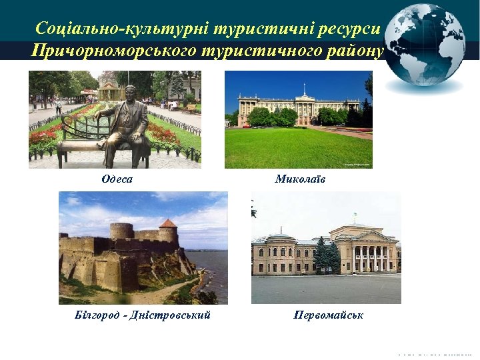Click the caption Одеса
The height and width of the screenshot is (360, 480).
117,179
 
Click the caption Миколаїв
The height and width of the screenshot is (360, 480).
300,179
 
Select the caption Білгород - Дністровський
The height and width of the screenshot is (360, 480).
143,315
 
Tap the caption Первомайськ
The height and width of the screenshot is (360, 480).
328,315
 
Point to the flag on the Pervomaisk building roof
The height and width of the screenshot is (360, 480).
355,217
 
